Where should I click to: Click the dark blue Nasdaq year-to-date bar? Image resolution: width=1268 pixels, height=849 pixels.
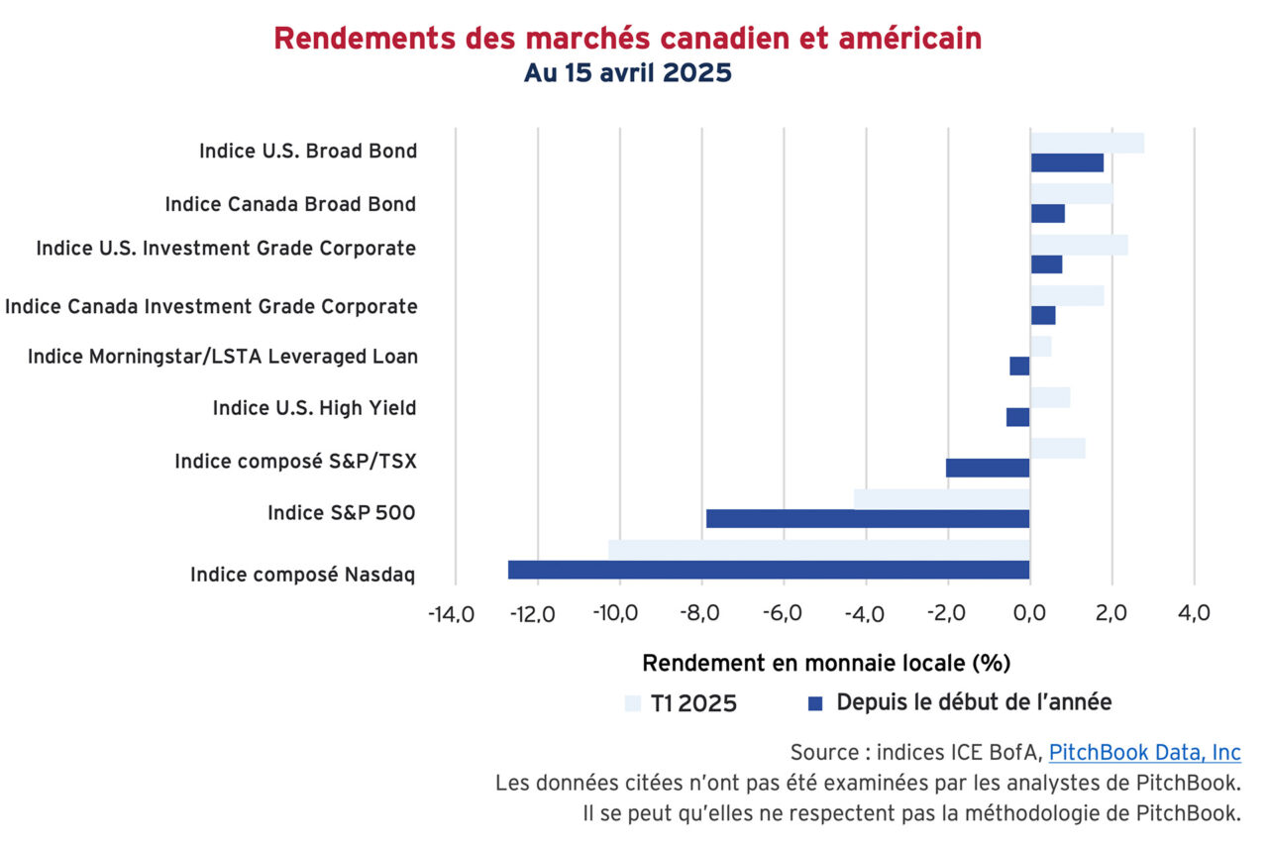tap(769, 570)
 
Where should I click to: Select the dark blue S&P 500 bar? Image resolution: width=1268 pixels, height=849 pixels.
tap(868, 518)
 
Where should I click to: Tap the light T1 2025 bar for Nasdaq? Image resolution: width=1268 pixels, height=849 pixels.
tap(819, 549)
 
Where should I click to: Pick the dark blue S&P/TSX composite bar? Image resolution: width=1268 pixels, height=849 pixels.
tap(988, 468)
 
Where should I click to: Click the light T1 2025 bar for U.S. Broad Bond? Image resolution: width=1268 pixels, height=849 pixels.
tap(1087, 143)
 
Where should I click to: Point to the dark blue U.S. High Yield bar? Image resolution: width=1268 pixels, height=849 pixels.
tap(1018, 417)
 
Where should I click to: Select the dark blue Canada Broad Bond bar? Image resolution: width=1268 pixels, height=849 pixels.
tap(1047, 213)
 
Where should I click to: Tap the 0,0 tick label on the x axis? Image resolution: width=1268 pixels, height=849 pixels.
tap(1030, 614)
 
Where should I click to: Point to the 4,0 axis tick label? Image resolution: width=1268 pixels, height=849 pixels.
tap(1194, 614)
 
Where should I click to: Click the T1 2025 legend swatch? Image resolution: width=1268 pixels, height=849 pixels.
tap(633, 703)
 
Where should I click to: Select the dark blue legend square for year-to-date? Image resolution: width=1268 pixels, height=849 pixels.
tap(815, 703)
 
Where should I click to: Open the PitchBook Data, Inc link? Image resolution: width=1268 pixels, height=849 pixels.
tap(1144, 752)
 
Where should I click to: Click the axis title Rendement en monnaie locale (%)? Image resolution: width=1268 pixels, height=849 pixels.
tap(826, 662)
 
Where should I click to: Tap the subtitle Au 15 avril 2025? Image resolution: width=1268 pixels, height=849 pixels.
tap(628, 73)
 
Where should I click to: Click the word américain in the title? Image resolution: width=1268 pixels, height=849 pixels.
tap(911, 39)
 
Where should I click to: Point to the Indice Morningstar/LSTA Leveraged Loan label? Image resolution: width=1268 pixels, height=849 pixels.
tap(223, 357)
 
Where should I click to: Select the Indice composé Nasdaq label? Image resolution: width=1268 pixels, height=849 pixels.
tap(303, 575)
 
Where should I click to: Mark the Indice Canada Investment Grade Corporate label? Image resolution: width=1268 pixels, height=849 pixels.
tap(211, 306)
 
